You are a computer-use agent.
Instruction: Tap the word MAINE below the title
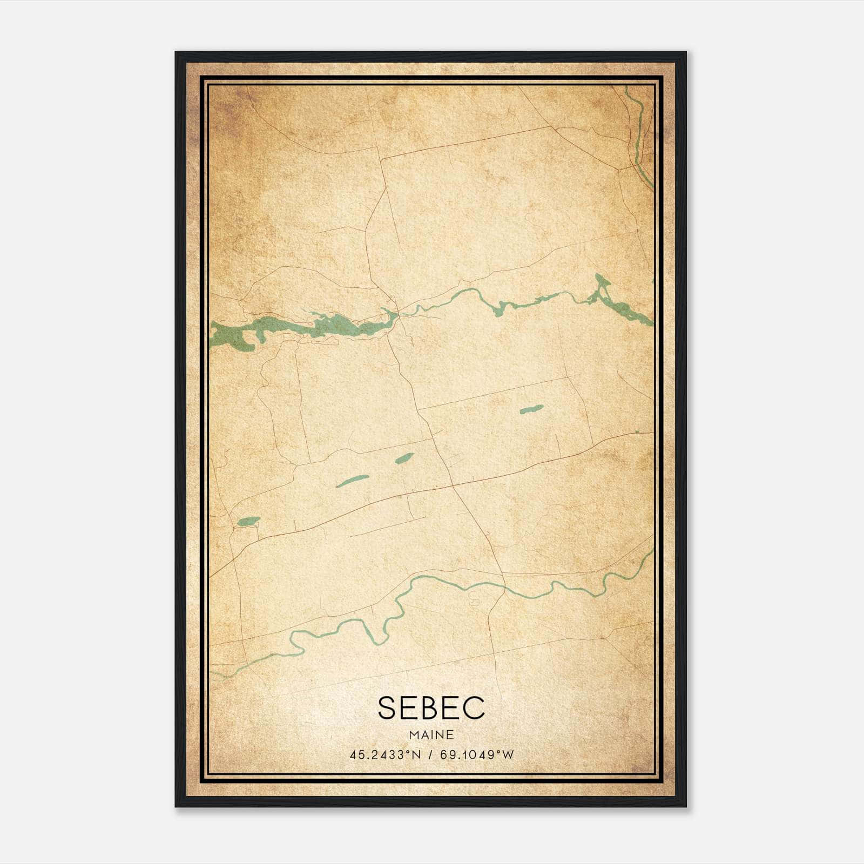431,735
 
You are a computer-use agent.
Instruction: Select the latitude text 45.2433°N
384,755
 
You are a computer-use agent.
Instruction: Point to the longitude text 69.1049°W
477,755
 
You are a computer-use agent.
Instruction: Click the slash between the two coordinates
430,755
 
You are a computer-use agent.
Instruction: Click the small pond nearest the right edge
531,409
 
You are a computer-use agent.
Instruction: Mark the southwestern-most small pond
248,521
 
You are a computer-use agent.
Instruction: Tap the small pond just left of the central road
404,458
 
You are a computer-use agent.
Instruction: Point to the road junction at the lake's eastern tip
398,313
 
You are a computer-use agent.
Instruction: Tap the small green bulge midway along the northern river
500,309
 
